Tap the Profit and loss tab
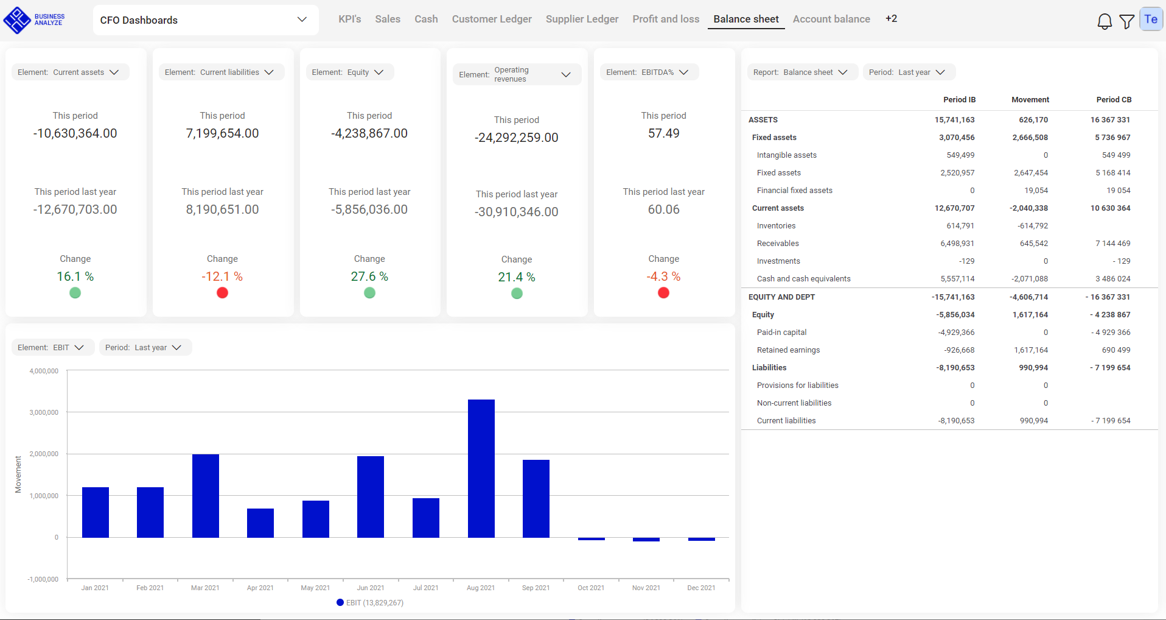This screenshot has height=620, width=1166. [666, 19]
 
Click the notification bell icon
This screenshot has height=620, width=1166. [1104, 22]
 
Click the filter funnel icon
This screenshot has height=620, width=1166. [1126, 22]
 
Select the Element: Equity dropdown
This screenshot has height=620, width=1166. [349, 72]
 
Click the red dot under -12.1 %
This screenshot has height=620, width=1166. [222, 293]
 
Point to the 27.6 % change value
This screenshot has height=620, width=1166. [369, 277]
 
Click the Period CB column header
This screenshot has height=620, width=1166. [1113, 99]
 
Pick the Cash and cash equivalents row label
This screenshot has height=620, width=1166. [803, 278]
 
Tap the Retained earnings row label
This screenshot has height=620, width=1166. [788, 350]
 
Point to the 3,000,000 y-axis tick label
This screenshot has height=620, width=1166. [44, 412]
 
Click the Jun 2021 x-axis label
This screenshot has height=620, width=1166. [370, 588]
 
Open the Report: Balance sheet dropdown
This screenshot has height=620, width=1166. [801, 72]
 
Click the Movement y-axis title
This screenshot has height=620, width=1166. [18, 474]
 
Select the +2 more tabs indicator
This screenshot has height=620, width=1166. [891, 19]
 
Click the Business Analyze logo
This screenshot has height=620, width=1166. [34, 20]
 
